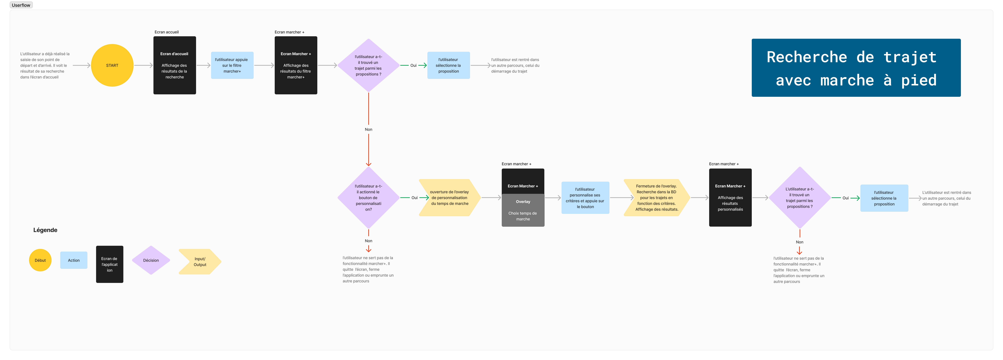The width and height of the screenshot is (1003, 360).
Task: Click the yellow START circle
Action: pos(112,65)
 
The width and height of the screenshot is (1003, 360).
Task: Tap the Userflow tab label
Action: pos(21,5)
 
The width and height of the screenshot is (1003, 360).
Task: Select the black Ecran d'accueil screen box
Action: pos(174,65)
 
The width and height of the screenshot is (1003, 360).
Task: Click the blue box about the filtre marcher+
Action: pos(232,65)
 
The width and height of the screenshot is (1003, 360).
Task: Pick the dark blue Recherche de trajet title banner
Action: pos(856,68)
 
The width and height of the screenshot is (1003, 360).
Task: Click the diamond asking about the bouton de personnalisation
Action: pos(368,198)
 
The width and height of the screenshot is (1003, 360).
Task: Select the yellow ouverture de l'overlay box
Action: pos(450,198)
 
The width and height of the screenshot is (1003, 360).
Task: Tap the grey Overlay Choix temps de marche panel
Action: pos(523,210)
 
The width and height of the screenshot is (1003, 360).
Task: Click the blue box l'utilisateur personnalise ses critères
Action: pos(585,198)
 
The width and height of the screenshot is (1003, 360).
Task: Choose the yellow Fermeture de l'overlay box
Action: pos(657,198)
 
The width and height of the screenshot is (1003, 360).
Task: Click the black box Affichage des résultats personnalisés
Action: pos(730,198)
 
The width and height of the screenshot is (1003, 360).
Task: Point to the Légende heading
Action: pos(45,230)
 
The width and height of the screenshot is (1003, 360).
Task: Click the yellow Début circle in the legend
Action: pos(40,260)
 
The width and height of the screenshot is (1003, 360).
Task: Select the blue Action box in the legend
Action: pos(74,260)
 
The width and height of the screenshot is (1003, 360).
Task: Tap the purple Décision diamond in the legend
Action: pos(151,260)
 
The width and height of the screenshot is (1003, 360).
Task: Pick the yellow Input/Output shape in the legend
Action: pos(200,262)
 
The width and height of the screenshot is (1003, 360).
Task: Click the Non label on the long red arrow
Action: pos(368,129)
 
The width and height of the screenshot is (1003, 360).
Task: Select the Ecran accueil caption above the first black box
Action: pos(167,32)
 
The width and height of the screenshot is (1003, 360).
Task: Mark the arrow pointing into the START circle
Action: pos(81,65)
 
